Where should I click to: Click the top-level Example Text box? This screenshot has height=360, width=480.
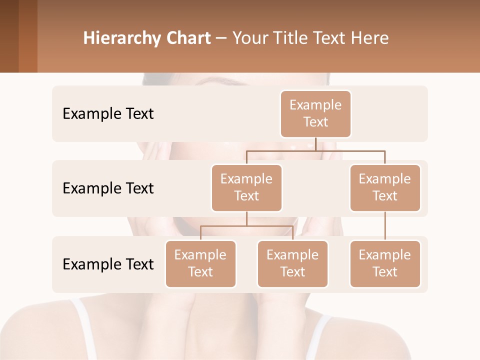(x=315, y=114)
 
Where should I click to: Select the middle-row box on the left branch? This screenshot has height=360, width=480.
(x=246, y=188)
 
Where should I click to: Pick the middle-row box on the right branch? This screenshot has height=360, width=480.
(x=385, y=188)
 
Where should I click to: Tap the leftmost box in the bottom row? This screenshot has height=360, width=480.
(x=200, y=264)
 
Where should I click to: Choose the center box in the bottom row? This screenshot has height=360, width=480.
(x=292, y=264)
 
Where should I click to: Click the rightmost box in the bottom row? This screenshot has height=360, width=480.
(x=385, y=264)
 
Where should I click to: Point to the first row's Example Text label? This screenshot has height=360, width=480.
(x=108, y=114)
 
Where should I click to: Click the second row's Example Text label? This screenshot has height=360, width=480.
(x=108, y=188)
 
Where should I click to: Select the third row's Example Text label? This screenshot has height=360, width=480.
(x=108, y=264)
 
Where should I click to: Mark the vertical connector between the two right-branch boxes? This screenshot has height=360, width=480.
(x=385, y=226)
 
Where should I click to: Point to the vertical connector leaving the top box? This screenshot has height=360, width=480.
(x=315, y=144)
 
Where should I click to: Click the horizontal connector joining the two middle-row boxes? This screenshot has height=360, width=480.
(x=315, y=150)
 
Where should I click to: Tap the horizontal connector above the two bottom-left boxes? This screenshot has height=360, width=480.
(x=246, y=226)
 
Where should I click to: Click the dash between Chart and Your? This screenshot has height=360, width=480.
(x=221, y=38)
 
